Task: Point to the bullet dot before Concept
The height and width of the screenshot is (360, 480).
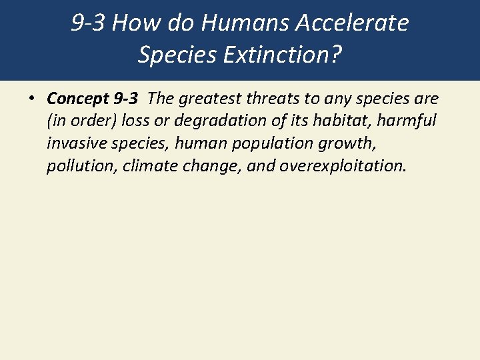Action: tap(31, 99)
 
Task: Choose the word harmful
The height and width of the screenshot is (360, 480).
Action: tap(406, 121)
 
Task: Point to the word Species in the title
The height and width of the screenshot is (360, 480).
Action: tap(174, 55)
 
